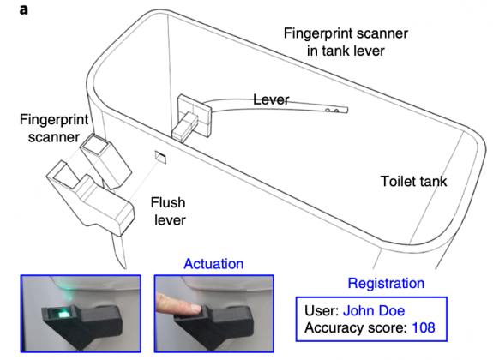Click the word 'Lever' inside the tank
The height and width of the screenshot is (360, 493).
point(271,100)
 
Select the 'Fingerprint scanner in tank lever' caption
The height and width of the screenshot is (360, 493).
point(346,42)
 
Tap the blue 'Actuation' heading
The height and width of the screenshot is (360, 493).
point(213,264)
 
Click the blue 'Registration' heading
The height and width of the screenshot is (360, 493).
point(385,282)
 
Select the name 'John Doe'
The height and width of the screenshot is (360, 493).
point(376,309)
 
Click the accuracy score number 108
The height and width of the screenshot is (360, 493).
point(424,327)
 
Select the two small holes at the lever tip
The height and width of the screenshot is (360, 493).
point(341,110)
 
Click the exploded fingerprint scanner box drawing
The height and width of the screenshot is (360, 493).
point(102,159)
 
